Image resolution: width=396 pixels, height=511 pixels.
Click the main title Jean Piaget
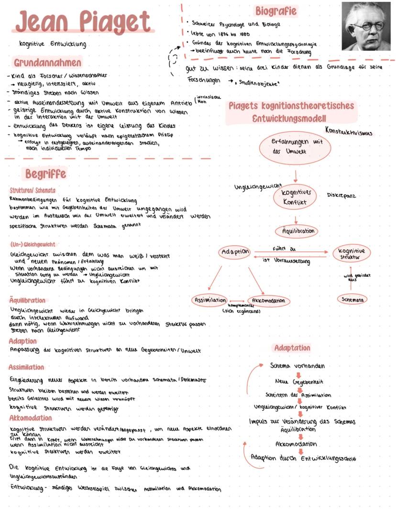pos(83,22)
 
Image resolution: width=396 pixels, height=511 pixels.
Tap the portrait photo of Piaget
pos(366,26)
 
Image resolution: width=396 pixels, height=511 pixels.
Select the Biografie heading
pos(275,11)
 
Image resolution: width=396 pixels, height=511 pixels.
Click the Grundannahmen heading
pos(47,63)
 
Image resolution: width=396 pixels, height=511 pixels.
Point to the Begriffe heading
pos(45,173)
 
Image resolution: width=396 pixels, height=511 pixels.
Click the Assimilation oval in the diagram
pos(209,300)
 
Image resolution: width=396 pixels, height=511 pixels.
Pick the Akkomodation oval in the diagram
pos(269,301)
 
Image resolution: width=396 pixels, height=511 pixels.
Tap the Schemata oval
pos(352,299)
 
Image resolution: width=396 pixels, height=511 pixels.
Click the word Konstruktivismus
pos(348,131)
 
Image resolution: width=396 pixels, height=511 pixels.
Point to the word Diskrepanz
pos(341,196)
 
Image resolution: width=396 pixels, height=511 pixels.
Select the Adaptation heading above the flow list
pos(292,348)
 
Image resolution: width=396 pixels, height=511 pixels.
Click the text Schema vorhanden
pos(297,366)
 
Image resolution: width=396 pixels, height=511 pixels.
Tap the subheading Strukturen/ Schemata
pos(32,190)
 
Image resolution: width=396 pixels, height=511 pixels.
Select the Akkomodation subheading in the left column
pos(30,418)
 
